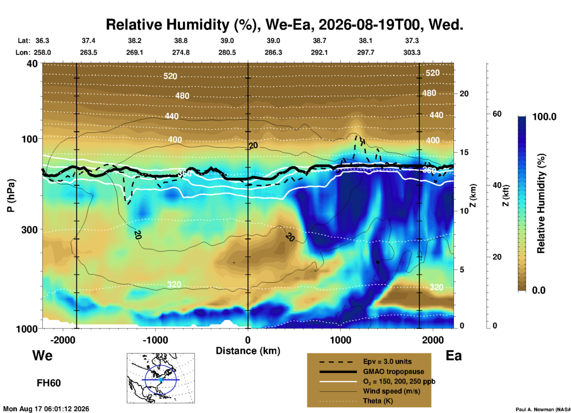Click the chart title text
click(x=284, y=25)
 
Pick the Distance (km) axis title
click(x=248, y=351)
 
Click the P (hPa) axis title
click(x=11, y=196)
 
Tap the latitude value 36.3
click(x=42, y=41)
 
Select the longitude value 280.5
click(x=227, y=52)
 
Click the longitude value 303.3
click(x=412, y=52)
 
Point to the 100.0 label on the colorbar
click(x=544, y=117)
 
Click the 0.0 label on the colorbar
click(x=539, y=290)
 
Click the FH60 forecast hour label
click(x=49, y=383)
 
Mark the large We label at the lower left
click(x=42, y=356)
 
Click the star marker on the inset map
click(x=161, y=380)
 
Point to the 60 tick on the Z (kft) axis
click(x=497, y=114)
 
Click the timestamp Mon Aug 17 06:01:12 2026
click(x=46, y=409)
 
